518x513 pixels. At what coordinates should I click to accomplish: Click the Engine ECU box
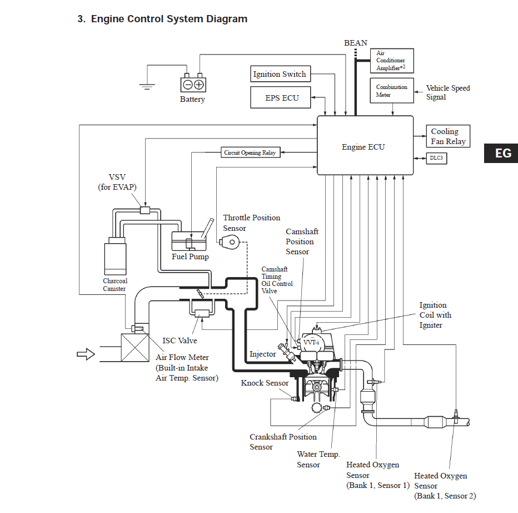pos(365,145)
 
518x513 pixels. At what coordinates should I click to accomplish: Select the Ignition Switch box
pos(281,74)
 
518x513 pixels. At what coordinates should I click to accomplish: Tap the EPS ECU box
pos(281,97)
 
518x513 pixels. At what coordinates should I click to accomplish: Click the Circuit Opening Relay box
pos(251,152)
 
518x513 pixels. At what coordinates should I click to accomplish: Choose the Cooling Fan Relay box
pos(448,136)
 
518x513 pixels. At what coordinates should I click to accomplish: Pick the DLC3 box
pos(436,158)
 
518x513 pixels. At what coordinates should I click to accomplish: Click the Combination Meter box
pos(392,91)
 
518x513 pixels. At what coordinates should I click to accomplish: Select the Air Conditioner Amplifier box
pos(392,61)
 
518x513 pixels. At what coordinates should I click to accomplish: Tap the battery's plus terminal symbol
pos(199,85)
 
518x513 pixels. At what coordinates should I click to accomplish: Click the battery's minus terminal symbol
pos(188,85)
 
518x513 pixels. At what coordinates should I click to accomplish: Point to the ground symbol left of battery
pos(147,87)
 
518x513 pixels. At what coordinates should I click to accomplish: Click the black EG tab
pos(501,153)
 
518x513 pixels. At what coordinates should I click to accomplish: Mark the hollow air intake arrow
pos(86,354)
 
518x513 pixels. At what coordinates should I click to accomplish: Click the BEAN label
pos(356,43)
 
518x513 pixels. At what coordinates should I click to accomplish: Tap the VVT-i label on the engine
pos(311,342)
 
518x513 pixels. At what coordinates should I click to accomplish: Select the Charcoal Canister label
pos(114,285)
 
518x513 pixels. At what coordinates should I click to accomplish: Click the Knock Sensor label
pos(265,383)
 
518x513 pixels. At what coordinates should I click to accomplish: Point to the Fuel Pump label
pos(190,256)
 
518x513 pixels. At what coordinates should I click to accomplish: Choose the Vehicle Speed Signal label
pos(447,92)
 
